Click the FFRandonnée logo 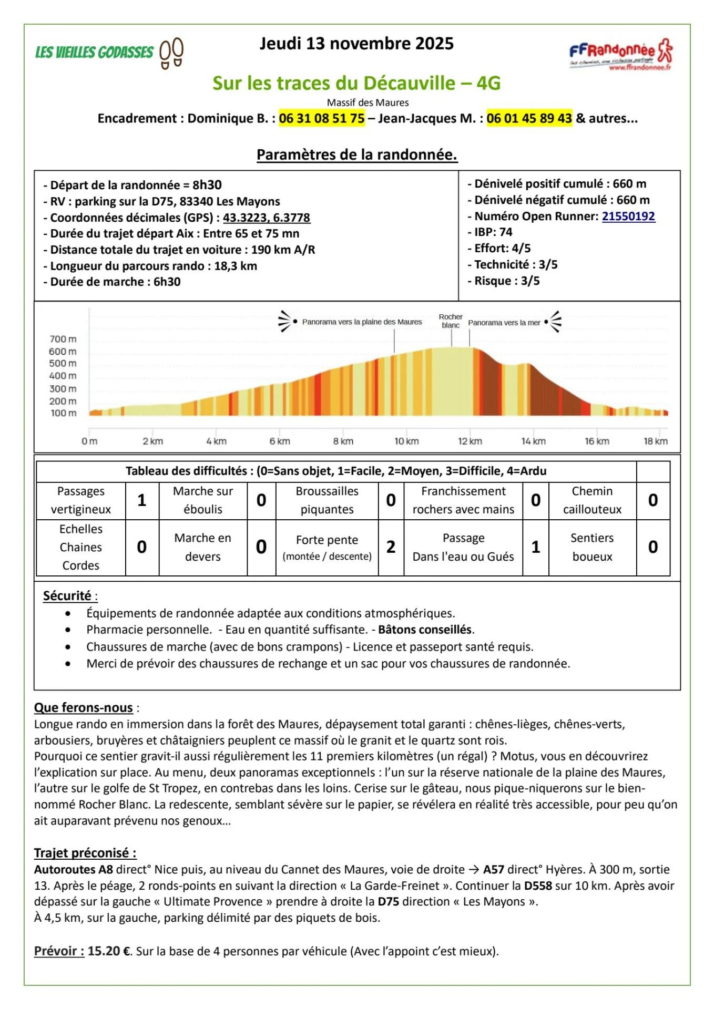[621, 54]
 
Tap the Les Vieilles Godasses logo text [95, 53]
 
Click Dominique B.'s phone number [321, 118]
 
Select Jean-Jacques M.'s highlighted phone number [529, 118]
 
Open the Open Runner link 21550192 [628, 216]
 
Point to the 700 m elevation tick [63, 339]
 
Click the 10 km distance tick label [406, 441]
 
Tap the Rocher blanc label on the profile [451, 321]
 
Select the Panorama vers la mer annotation [504, 323]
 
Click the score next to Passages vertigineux [142, 500]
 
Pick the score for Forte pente [391, 547]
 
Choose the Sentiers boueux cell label [592, 547]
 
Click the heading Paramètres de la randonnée [356, 155]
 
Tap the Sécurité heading [67, 595]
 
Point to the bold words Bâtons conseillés [425, 630]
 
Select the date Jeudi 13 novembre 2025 [356, 44]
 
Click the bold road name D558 [538, 886]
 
